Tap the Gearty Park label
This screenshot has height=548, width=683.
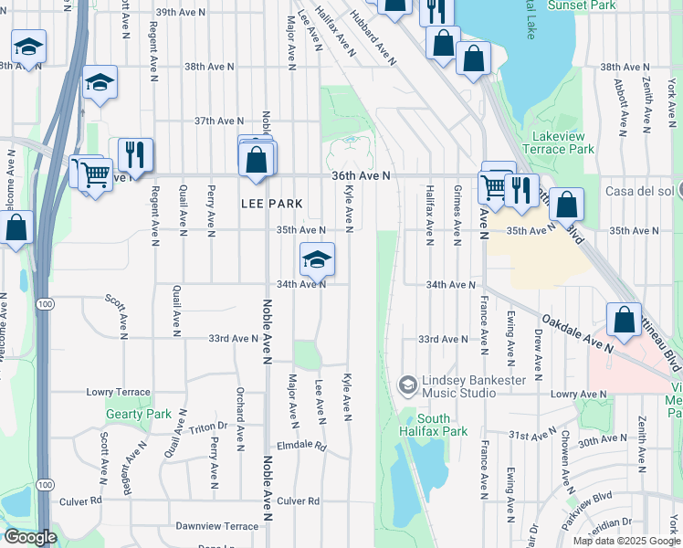pyautogui.click(x=138, y=414)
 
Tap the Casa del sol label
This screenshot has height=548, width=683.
pyautogui.click(x=639, y=191)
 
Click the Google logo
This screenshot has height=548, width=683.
pyautogui.click(x=30, y=536)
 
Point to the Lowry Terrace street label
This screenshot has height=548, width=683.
pyautogui.click(x=118, y=392)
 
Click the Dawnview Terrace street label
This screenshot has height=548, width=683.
pyautogui.click(x=217, y=526)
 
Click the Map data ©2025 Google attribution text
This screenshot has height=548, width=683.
pyautogui.click(x=625, y=540)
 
